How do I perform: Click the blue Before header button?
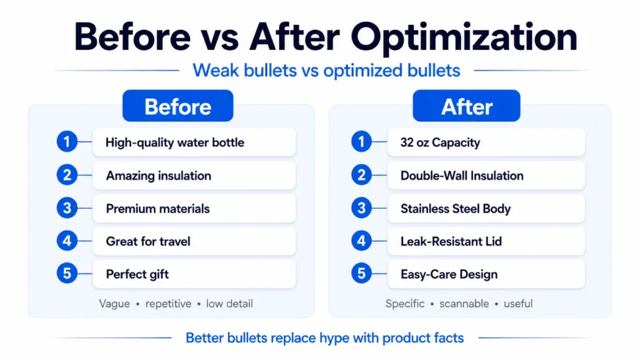pyautogui.click(x=178, y=106)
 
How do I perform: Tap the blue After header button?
pyautogui.click(x=467, y=106)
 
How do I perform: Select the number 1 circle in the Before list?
pyautogui.click(x=67, y=142)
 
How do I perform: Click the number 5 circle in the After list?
pyautogui.click(x=361, y=274)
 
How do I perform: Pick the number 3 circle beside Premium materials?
pyautogui.click(x=67, y=208)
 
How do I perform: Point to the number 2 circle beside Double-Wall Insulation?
pyautogui.click(x=361, y=175)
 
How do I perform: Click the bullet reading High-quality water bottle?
pyautogui.click(x=175, y=142)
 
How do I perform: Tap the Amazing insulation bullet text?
pyautogui.click(x=159, y=176)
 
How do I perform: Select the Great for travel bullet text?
pyautogui.click(x=148, y=241)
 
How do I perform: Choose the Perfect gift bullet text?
pyautogui.click(x=137, y=274)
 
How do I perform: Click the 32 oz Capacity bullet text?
pyautogui.click(x=440, y=142)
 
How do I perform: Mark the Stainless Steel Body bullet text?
pyautogui.click(x=455, y=209)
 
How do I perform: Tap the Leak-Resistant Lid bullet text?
pyautogui.click(x=451, y=241)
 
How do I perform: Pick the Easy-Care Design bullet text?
pyautogui.click(x=449, y=274)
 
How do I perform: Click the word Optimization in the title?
pyautogui.click(x=464, y=37)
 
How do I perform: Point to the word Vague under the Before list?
pyautogui.click(x=114, y=303)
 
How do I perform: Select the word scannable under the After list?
pyautogui.click(x=464, y=303)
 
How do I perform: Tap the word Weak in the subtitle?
pyautogui.click(x=216, y=70)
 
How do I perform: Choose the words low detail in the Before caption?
pyautogui.click(x=229, y=303)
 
